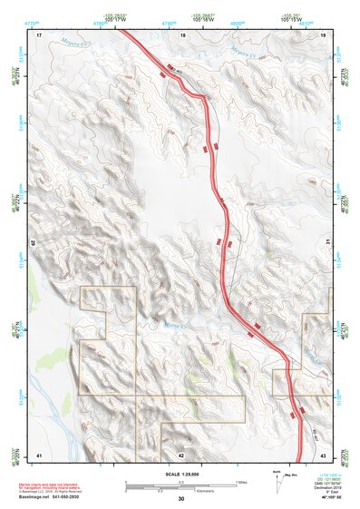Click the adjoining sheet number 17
click(x=39, y=34)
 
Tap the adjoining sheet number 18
click(x=183, y=34)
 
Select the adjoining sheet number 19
click(x=324, y=34)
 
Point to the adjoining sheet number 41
click(x=39, y=454)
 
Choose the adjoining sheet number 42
click(x=181, y=454)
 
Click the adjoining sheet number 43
click(x=324, y=454)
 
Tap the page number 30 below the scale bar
click(x=181, y=499)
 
